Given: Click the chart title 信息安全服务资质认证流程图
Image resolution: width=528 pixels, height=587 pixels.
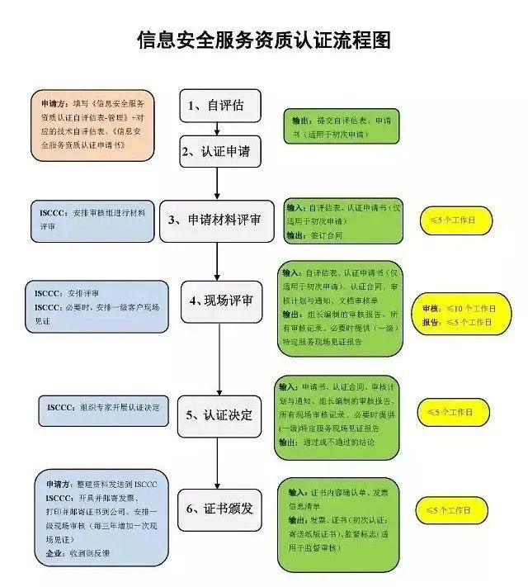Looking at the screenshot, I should click(x=263, y=40).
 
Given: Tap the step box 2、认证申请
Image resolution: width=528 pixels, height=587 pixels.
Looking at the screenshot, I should click(x=215, y=151).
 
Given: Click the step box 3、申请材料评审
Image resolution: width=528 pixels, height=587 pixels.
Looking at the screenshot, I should click(x=216, y=220).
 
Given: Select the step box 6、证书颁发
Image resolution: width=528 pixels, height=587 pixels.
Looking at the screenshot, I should click(x=215, y=509).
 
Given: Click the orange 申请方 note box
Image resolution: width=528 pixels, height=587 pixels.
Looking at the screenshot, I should click(x=93, y=125).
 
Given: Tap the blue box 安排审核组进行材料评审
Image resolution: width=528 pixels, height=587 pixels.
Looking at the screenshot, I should click(x=92, y=220).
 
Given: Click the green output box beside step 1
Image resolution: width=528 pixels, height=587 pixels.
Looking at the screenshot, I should click(x=341, y=126).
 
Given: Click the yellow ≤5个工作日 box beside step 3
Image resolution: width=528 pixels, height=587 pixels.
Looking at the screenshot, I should click(x=458, y=220).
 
